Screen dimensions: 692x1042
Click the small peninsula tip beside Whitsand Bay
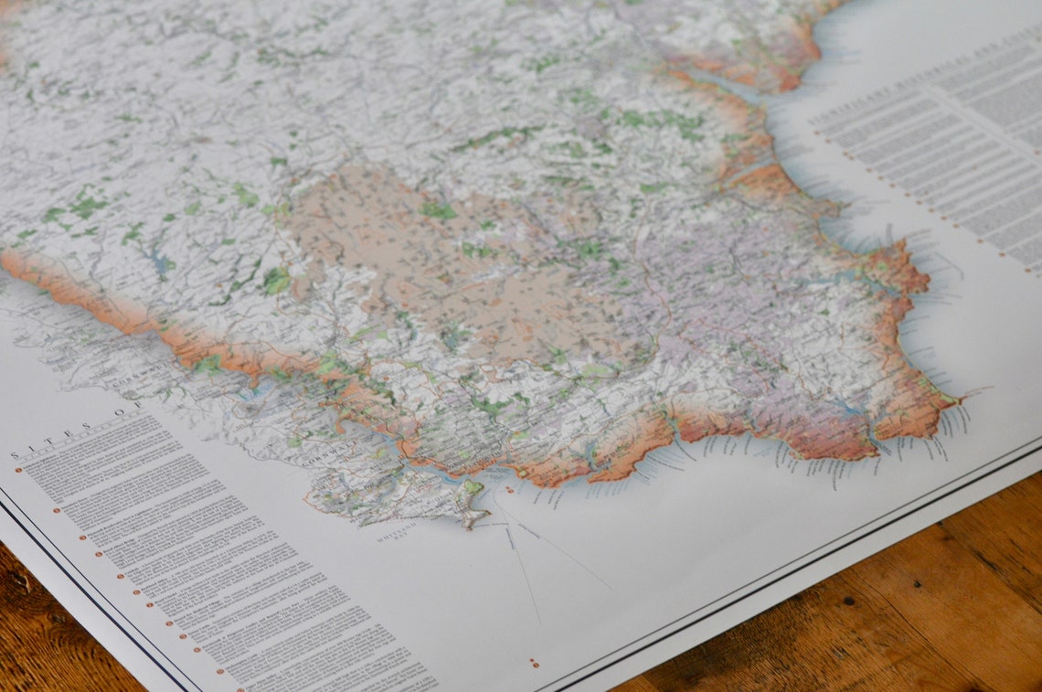471,521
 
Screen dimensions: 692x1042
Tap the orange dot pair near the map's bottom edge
534,663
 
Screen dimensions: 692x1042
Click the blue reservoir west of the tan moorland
163,264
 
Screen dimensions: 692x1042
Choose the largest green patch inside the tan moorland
437,210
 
